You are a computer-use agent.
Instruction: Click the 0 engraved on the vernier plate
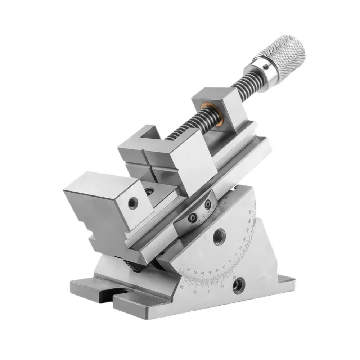tap(204, 215)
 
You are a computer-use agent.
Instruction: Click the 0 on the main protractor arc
tap(230, 261)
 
